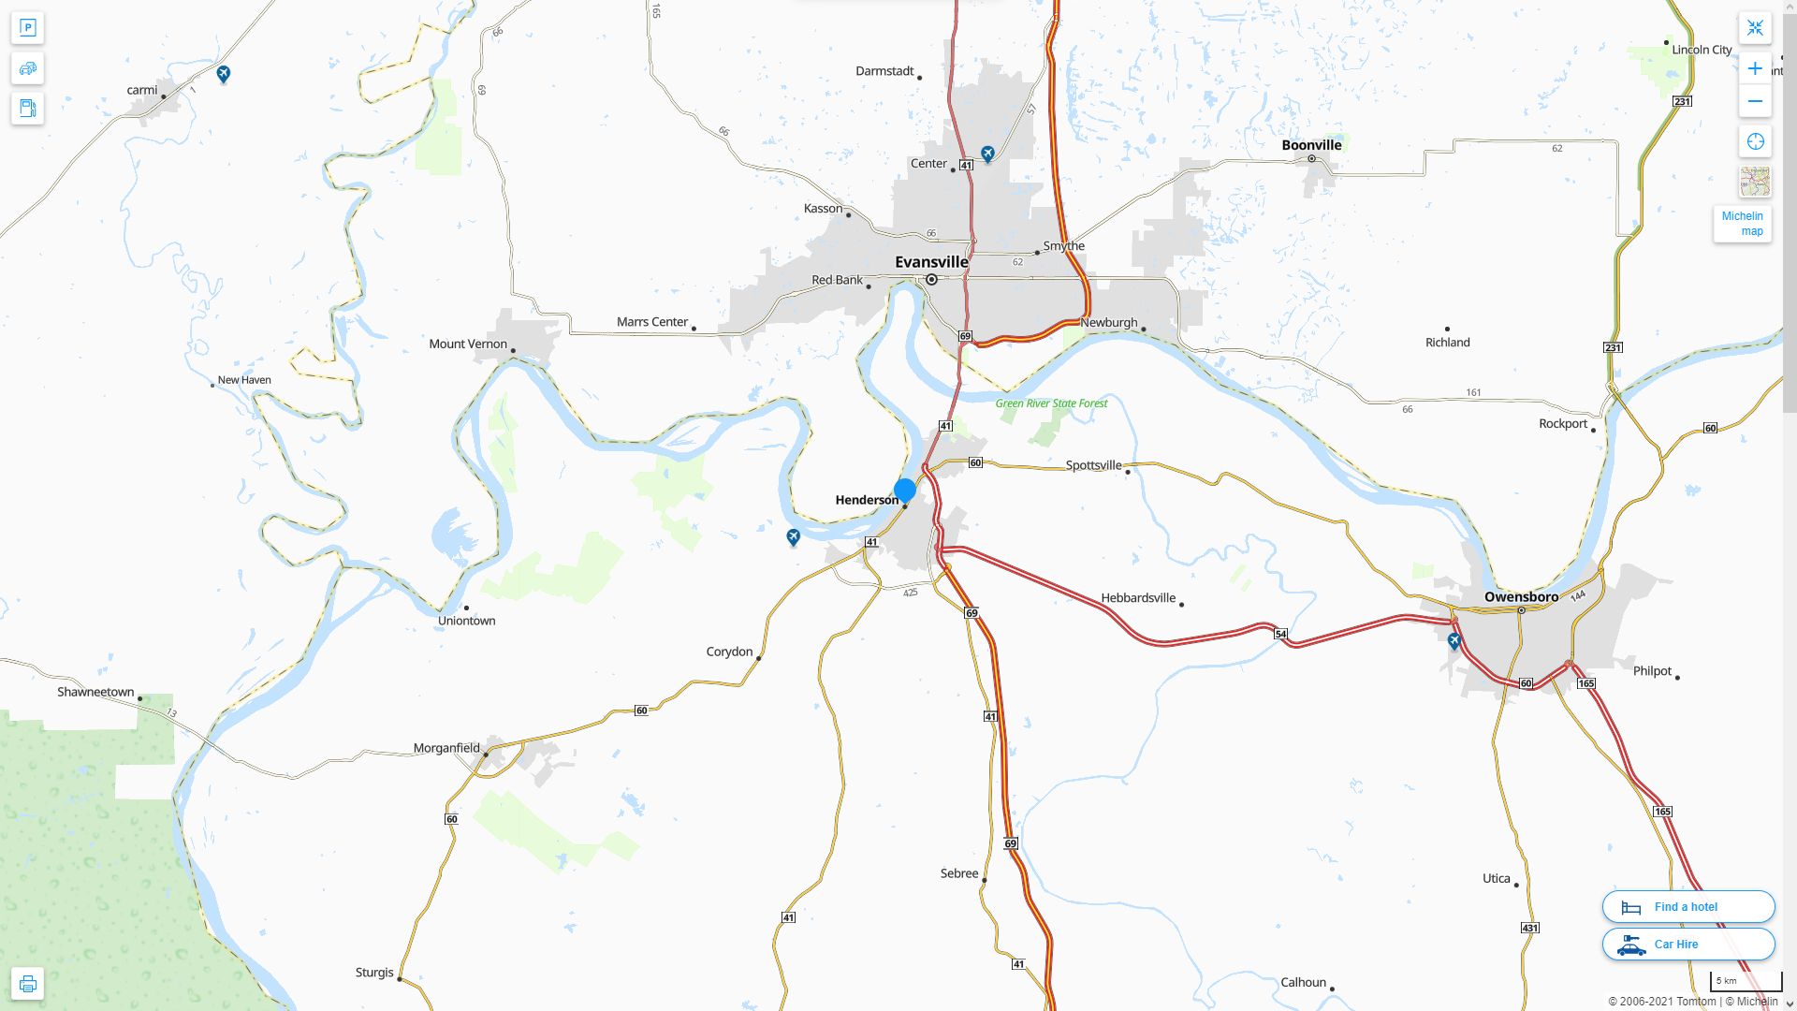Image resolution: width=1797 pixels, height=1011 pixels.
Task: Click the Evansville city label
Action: tap(931, 262)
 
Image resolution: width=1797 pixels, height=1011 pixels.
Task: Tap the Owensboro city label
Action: tap(1521, 597)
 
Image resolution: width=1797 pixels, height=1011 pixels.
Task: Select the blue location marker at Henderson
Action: tap(904, 490)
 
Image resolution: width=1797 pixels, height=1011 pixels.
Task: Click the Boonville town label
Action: tap(1311, 145)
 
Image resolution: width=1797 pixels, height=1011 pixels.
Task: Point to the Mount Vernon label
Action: tap(467, 344)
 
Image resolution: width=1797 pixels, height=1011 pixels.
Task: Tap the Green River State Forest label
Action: tap(1051, 403)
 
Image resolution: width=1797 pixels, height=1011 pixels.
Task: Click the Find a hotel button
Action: tap(1687, 906)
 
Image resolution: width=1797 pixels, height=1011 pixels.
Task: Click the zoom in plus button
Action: tap(1755, 68)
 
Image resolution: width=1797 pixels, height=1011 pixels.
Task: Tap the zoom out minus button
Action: tap(1755, 101)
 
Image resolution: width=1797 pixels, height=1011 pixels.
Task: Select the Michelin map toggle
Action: tap(1742, 224)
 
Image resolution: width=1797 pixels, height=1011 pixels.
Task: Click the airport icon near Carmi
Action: tap(223, 73)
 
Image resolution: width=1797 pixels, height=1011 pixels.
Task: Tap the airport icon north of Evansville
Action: tap(987, 153)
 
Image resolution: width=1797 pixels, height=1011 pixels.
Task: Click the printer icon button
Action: tap(27, 983)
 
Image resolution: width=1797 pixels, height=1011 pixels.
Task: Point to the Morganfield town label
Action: tap(446, 748)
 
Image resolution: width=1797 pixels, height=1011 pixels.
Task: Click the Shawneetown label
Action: tap(95, 692)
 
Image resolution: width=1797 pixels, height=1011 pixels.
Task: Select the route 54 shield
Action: tap(1280, 634)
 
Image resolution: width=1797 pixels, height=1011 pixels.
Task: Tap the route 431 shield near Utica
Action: tap(1529, 928)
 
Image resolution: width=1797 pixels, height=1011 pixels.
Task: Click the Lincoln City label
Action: tap(1702, 50)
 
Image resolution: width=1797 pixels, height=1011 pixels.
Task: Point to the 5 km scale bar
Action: tap(1746, 982)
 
